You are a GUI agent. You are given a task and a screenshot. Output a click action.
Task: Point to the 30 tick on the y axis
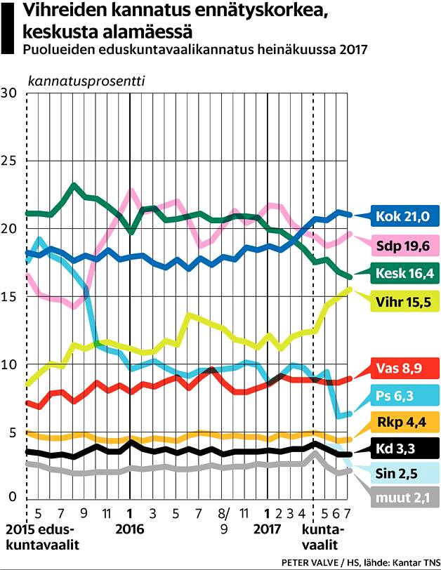click(x=9, y=93)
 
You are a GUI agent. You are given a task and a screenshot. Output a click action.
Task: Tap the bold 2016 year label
click(x=130, y=529)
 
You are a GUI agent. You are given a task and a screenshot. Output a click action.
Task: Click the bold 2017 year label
click(x=268, y=529)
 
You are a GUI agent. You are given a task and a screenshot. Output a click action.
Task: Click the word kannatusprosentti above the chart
click(x=85, y=79)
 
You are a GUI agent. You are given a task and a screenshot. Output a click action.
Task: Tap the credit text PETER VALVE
click(x=310, y=562)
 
